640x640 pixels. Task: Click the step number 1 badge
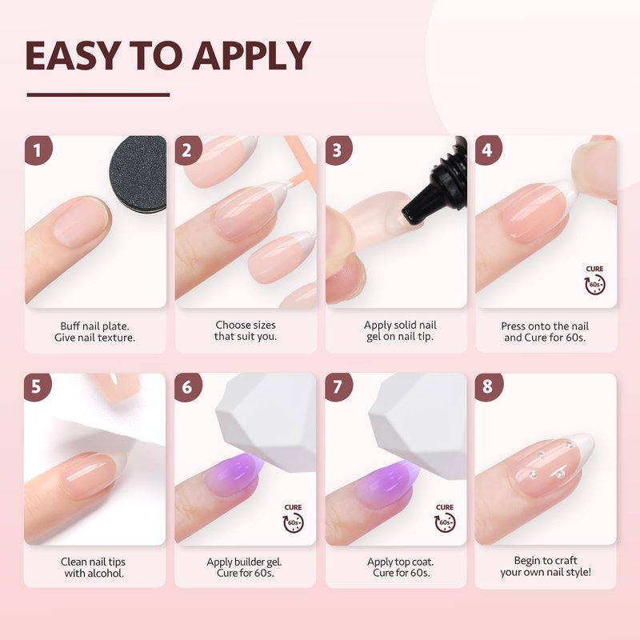(38, 150)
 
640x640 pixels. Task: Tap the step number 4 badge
(489, 150)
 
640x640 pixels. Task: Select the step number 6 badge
(188, 386)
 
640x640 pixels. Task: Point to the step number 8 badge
(489, 386)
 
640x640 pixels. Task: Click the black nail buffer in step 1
(138, 174)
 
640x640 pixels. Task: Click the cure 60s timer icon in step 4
(594, 280)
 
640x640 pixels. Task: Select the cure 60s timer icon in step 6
(294, 518)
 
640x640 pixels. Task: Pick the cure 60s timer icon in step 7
(445, 518)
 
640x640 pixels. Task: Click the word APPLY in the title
(251, 55)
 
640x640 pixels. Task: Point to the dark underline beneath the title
(98, 94)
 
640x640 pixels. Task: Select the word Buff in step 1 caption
(70, 326)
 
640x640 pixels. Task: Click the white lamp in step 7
(419, 425)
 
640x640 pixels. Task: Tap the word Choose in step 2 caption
(231, 325)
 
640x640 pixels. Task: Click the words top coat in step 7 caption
(415, 562)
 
